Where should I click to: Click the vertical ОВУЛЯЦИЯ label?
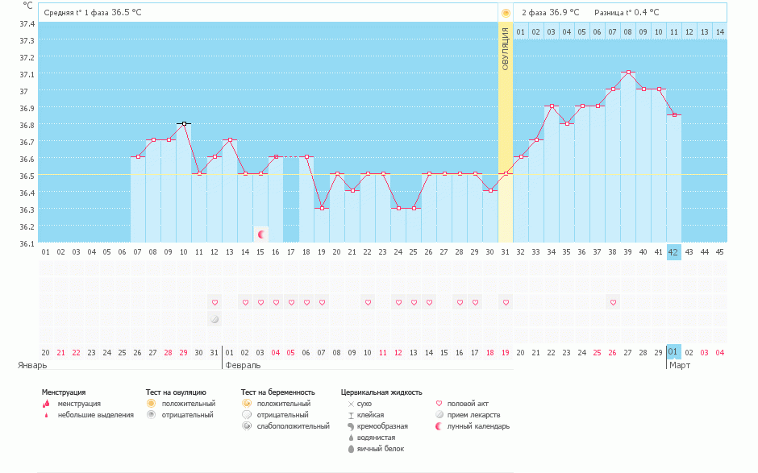point(506,49)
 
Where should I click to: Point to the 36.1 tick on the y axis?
point(27,243)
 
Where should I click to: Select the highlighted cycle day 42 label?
point(674,252)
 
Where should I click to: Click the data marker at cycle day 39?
point(628,73)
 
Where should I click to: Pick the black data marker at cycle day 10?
point(184,123)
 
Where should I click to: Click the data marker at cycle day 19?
point(322,208)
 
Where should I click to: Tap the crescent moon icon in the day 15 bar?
point(260,234)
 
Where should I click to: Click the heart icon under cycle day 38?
point(613,302)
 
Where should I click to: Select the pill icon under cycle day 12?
point(214,319)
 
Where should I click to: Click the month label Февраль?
point(243,365)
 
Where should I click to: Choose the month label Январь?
point(33,365)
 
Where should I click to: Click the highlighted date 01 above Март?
point(673,352)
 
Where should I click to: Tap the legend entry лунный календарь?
point(479,426)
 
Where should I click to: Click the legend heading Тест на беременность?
point(277,392)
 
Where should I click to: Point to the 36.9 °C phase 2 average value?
point(564,12)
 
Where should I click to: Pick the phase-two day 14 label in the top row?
point(719,31)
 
